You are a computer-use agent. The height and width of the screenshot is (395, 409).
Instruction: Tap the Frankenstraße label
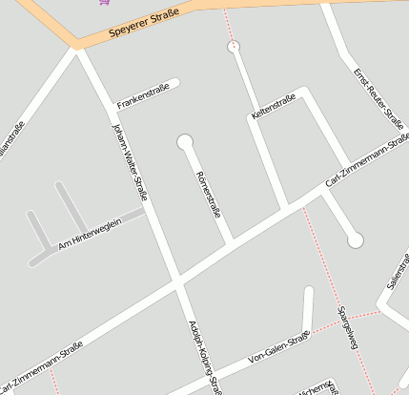tap(143, 97)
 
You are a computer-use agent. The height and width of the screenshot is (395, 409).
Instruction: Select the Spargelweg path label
tap(346, 327)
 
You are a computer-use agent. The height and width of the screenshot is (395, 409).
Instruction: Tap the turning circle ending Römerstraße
tap(185, 143)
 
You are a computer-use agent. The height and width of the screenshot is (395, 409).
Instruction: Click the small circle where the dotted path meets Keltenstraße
tap(234, 46)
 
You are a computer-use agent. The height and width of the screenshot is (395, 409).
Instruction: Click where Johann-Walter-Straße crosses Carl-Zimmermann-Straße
tap(177, 281)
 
